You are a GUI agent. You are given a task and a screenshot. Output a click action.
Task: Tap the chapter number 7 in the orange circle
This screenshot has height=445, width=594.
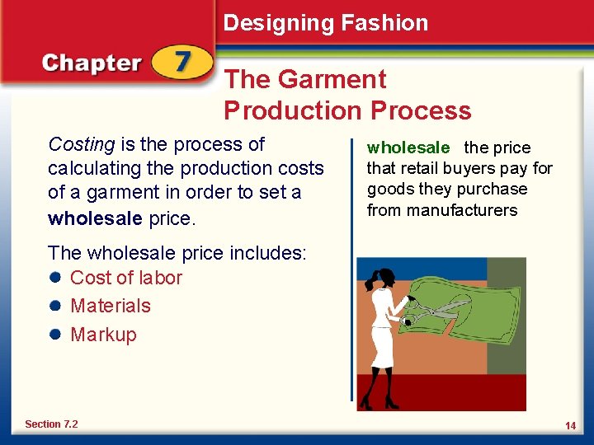coord(181,63)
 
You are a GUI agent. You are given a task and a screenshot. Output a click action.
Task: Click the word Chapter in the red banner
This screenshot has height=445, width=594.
coord(92,64)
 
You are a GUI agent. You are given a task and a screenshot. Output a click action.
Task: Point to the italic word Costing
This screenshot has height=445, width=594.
coord(82,145)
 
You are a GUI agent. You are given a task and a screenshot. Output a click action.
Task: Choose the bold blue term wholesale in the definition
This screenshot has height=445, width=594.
coord(408,148)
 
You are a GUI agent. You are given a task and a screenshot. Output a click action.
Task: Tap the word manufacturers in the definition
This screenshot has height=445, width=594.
coord(461,210)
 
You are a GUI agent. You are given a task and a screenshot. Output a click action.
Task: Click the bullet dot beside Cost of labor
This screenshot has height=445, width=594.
coord(55,278)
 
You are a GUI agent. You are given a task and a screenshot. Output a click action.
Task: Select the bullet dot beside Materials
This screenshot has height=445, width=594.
coord(55,306)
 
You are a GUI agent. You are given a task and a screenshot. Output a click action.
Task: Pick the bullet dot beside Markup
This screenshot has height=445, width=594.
coord(55,335)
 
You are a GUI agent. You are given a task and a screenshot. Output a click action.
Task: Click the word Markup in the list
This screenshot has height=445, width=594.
coord(103,335)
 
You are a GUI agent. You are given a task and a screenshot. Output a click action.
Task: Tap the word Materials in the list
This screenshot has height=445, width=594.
coord(111,306)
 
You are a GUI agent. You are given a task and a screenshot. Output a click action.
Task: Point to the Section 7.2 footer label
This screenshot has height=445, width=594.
coord(51,424)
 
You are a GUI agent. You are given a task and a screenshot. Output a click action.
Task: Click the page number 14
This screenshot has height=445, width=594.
coord(570,425)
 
